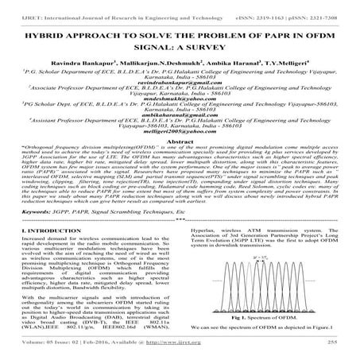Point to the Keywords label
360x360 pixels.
pyautogui.click(x=29, y=235)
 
